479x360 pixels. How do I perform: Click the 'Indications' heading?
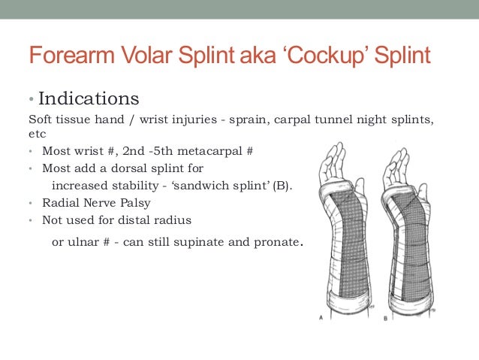pyautogui.click(x=88, y=98)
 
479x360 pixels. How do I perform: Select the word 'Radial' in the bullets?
pyautogui.click(x=59, y=203)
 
